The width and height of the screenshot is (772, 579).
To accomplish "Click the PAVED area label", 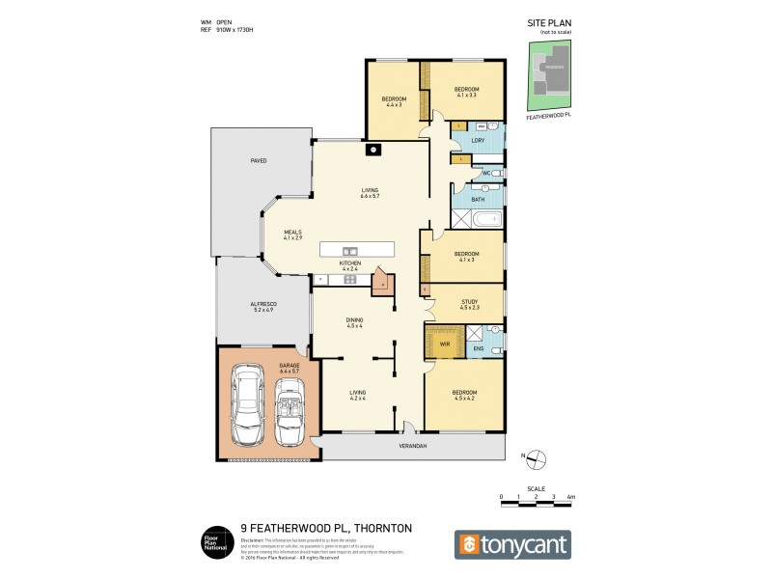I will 258,160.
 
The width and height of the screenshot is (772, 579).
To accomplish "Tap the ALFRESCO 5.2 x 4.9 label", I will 264,307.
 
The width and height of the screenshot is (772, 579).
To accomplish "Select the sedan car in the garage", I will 250,410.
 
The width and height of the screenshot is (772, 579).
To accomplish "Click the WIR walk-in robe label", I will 445,343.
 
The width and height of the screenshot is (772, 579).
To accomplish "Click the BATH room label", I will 478,200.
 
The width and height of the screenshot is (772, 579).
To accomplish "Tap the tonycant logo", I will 512,544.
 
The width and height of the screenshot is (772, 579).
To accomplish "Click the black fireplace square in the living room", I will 372,150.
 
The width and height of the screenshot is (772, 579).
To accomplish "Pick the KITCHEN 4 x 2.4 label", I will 349,265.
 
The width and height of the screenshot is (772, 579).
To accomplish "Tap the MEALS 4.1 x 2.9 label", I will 292,234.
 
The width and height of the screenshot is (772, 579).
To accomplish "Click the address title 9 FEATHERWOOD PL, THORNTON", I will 326,528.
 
